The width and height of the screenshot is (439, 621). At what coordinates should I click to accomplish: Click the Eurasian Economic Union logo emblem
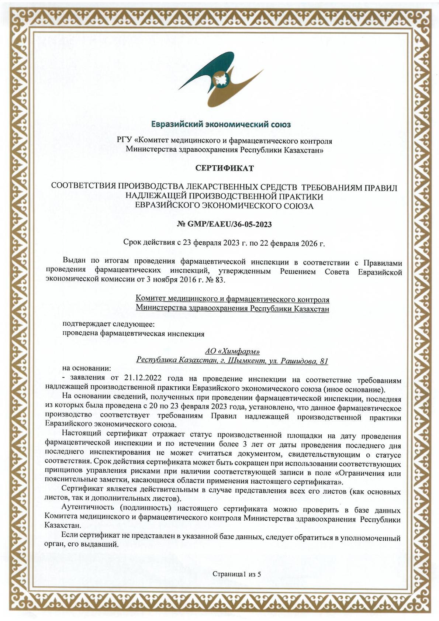tap(221, 79)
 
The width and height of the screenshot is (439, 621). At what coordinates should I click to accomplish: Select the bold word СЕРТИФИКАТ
tap(224, 169)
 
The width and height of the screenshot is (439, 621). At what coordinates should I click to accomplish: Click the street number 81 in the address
tap(324, 361)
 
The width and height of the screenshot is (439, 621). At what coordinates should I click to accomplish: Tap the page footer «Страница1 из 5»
tap(236, 574)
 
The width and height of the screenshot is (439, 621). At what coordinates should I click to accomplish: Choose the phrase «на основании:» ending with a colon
tap(86, 368)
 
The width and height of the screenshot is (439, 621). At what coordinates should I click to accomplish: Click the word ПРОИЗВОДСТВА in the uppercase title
tap(151, 187)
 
